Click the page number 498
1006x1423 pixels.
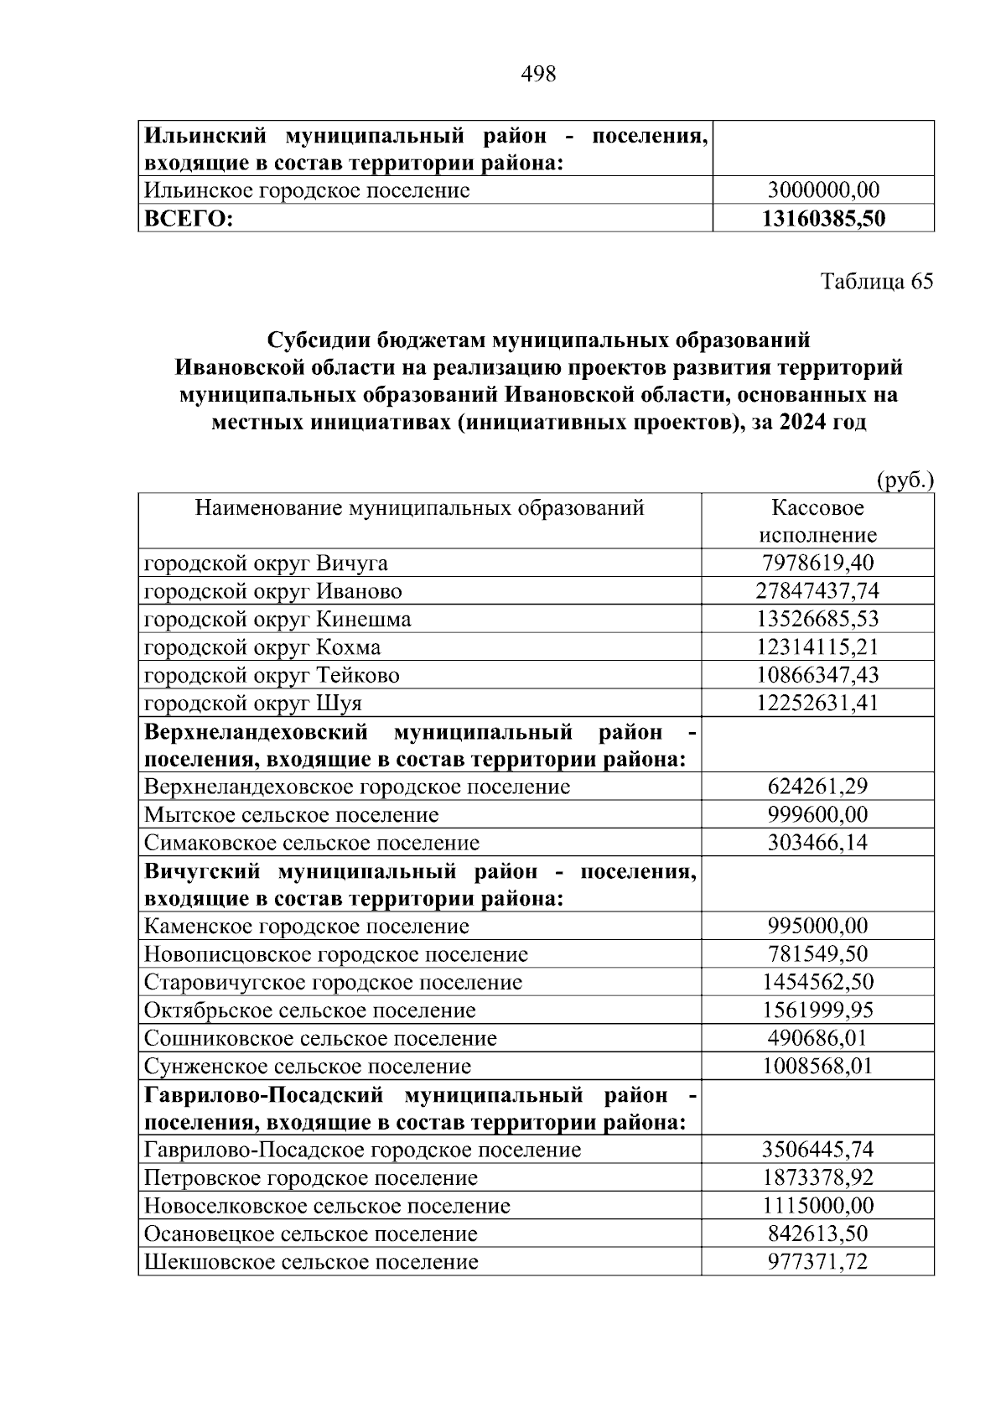[x=538, y=75]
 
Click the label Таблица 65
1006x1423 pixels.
[x=876, y=282]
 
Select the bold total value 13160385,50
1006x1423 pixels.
[x=823, y=219]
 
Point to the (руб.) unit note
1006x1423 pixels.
[x=905, y=481]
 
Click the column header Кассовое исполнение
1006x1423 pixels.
[x=817, y=521]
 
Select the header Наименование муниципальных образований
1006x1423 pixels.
[x=419, y=507]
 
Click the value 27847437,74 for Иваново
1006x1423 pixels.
[x=817, y=591]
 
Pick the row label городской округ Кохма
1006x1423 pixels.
[x=262, y=647]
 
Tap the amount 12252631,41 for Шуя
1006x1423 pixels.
[x=817, y=703]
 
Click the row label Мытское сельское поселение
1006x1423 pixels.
[x=291, y=815]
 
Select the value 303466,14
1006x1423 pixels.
[x=817, y=843]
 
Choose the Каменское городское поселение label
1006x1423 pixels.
[x=306, y=927]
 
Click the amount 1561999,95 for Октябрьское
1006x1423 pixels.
[x=817, y=1010]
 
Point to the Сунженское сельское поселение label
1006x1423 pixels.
[x=308, y=1067]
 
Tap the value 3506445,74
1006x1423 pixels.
[x=817, y=1150]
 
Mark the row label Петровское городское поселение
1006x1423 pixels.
[x=311, y=1178]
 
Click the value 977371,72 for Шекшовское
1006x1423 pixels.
[x=817, y=1262]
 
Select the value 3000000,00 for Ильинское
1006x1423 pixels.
[x=823, y=190]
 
